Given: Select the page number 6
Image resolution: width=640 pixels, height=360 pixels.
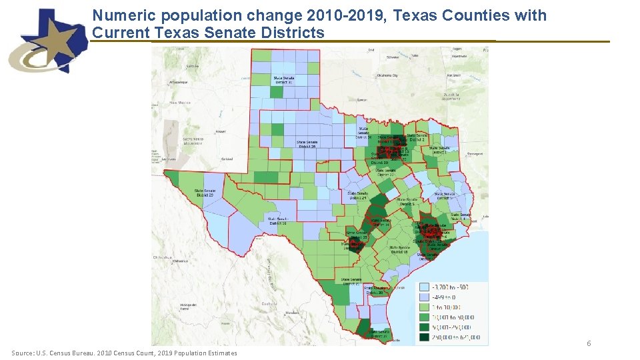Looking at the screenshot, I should tap(589, 343).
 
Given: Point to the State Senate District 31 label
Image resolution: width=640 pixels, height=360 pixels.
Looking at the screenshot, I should tap(283, 79).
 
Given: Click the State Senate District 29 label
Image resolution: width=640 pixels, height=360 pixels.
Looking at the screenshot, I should tap(204, 192).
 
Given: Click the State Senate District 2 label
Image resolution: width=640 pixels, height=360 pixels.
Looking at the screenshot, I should tap(415, 138).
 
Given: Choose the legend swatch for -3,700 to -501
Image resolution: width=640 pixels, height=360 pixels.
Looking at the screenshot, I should tap(424, 287).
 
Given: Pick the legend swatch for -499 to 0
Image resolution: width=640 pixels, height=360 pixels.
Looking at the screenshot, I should tap(424, 297).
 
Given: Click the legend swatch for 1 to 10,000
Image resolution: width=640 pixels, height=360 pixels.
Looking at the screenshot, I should tap(424, 307).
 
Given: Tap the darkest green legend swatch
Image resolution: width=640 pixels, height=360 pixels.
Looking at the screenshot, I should tap(424, 337).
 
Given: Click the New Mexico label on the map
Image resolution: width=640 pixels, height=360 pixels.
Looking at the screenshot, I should tap(180, 103).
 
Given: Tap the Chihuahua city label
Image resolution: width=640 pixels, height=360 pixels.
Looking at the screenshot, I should tap(163, 257).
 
